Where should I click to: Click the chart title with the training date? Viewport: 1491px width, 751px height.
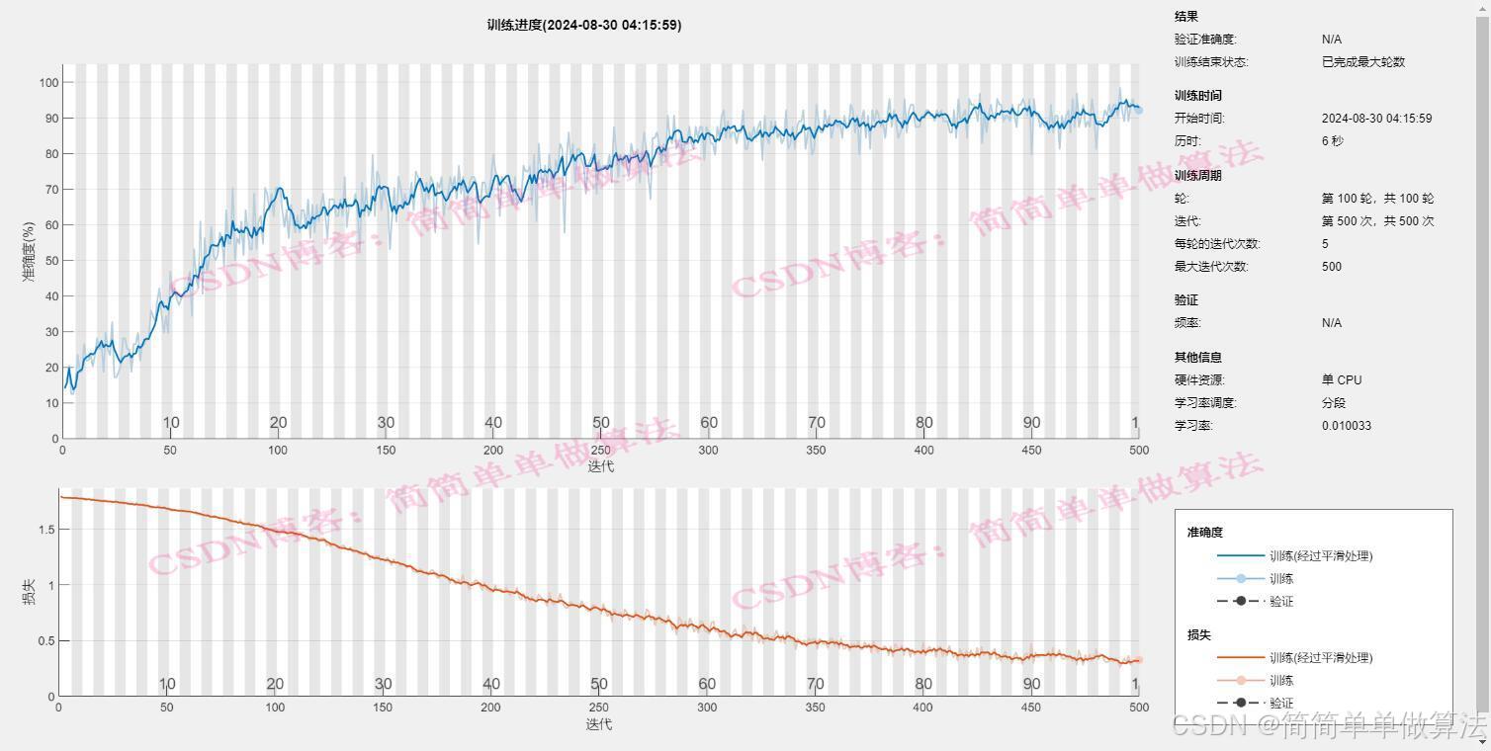(x=583, y=26)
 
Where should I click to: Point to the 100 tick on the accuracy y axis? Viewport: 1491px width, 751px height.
(x=49, y=82)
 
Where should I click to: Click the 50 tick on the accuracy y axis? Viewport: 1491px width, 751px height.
(x=52, y=261)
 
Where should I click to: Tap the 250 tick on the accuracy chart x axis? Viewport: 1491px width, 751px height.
(x=600, y=451)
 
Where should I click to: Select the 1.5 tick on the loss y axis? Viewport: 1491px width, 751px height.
(x=46, y=530)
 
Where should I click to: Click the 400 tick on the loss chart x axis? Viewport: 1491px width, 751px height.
(x=922, y=708)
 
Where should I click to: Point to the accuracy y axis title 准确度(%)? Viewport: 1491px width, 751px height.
(x=29, y=251)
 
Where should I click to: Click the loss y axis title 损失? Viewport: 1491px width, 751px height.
(x=29, y=592)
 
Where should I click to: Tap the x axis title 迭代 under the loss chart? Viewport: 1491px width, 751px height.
(x=598, y=723)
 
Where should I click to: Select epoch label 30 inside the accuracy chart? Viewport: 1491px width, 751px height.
(x=386, y=422)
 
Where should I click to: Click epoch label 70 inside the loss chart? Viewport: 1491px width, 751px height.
(x=816, y=684)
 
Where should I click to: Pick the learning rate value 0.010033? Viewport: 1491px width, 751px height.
(x=1347, y=426)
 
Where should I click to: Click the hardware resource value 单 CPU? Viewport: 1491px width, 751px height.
(x=1342, y=379)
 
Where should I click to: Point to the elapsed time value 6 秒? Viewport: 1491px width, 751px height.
(x=1333, y=141)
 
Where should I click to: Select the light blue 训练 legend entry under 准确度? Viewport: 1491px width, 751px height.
(x=1255, y=579)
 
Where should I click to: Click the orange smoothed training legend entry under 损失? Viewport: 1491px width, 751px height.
(x=1294, y=658)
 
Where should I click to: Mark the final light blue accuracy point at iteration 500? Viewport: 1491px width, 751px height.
(x=1138, y=110)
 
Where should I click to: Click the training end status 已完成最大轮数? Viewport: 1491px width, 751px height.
(x=1363, y=62)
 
